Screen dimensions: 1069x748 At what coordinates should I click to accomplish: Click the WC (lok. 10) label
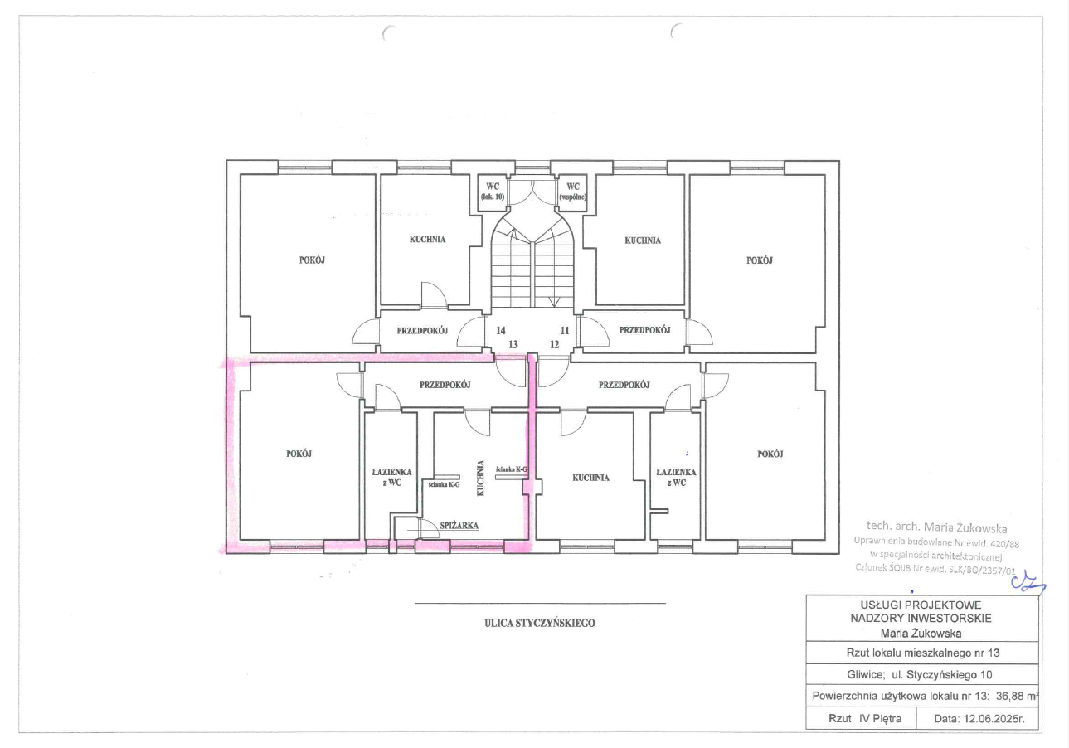pyautogui.click(x=493, y=191)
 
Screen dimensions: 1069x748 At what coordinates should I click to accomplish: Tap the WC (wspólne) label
pyautogui.click(x=573, y=191)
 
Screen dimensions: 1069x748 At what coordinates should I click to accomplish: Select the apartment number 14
pyautogui.click(x=501, y=330)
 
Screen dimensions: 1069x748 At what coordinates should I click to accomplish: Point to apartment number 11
pyautogui.click(x=565, y=330)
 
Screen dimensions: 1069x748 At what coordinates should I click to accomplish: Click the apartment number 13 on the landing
pyautogui.click(x=513, y=345)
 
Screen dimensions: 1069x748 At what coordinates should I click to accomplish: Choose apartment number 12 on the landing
pyautogui.click(x=554, y=345)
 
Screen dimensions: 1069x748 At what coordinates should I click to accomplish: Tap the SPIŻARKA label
pyautogui.click(x=459, y=526)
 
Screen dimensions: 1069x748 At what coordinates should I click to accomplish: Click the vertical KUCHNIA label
pyautogui.click(x=480, y=478)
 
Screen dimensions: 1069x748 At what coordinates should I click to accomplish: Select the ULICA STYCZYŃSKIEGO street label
pyautogui.click(x=540, y=623)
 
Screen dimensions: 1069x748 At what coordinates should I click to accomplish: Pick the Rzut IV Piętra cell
pyautogui.click(x=865, y=719)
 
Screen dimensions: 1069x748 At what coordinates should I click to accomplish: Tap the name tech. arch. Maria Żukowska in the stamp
pyautogui.click(x=936, y=527)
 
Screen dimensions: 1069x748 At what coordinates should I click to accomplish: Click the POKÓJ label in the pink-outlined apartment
pyautogui.click(x=299, y=454)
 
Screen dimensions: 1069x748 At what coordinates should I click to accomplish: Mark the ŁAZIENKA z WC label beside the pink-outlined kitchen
pyautogui.click(x=391, y=478)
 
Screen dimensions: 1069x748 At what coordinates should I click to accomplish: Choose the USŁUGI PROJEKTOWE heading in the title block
pyautogui.click(x=921, y=605)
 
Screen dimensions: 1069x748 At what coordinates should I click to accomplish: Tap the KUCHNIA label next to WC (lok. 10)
pyautogui.click(x=427, y=239)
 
